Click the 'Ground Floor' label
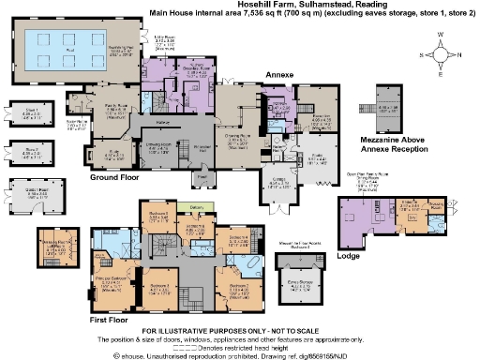[x=115, y=176]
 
